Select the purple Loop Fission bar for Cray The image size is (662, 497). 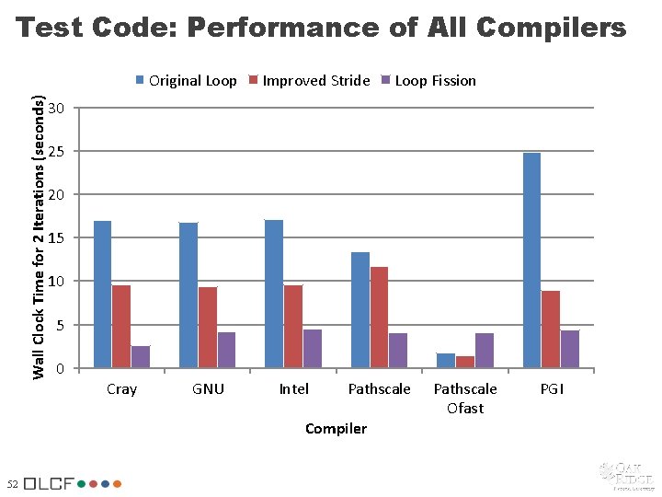click(141, 357)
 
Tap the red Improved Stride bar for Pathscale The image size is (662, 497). click(379, 318)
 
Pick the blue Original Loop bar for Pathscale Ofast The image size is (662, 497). click(446, 361)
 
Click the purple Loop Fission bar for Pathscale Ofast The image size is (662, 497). click(485, 351)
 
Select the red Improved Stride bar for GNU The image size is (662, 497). click(208, 328)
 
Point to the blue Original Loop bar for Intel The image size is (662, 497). click(274, 294)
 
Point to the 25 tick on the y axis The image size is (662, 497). click(57, 151)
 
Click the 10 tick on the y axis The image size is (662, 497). click(57, 281)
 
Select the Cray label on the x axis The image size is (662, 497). click(121, 389)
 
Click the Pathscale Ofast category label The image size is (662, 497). click(465, 399)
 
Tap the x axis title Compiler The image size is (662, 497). click(336, 429)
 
